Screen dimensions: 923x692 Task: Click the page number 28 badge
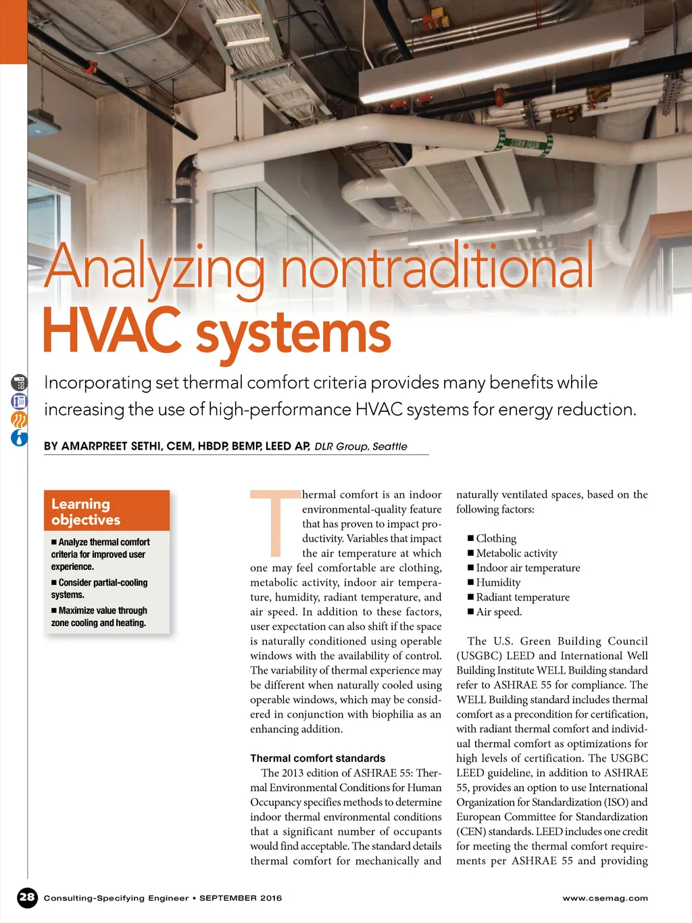(27, 897)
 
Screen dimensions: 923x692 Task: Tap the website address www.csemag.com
(605, 898)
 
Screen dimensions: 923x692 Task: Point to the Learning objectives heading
(86, 511)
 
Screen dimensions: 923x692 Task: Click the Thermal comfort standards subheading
(318, 758)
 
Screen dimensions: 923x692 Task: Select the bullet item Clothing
(496, 538)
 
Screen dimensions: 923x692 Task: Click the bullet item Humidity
(498, 582)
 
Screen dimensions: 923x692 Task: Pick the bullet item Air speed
(499, 612)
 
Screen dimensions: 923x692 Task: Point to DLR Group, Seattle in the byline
(361, 446)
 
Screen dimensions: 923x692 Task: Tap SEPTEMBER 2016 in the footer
(241, 898)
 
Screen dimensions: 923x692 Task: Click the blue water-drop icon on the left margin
(20, 437)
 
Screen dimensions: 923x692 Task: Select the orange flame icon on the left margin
(20, 419)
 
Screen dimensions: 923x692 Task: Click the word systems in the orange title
(293, 333)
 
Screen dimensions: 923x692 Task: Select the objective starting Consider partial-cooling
(99, 588)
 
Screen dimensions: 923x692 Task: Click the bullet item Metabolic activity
(516, 553)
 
